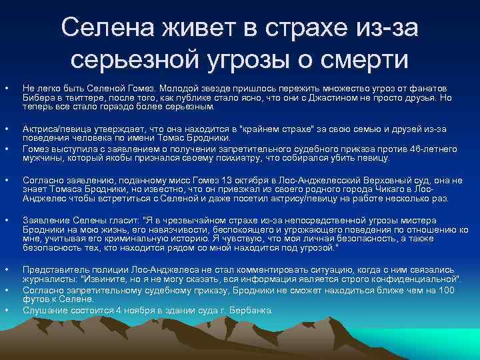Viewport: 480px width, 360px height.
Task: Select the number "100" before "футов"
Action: (x=448, y=291)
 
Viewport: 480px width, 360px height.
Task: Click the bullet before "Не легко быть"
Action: (x=7, y=89)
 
